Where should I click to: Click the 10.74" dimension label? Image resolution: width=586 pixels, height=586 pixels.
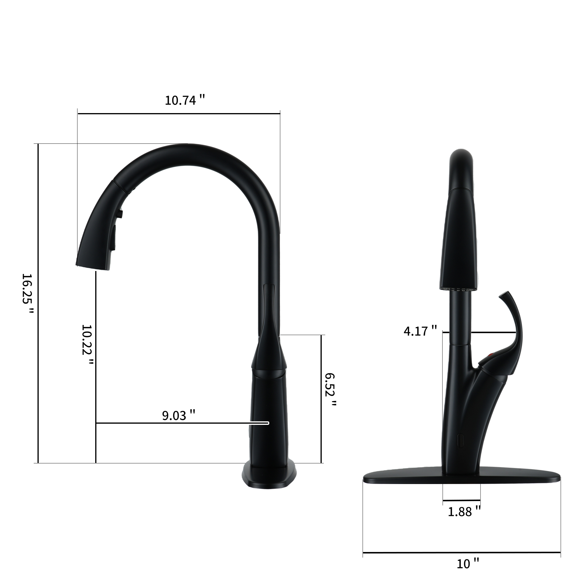185,100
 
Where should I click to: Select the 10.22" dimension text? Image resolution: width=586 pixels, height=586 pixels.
87,344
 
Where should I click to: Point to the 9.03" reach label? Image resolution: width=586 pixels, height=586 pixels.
178,415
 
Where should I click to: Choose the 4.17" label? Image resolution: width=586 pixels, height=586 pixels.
420,331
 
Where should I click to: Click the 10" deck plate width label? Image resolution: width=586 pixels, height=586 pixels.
468,563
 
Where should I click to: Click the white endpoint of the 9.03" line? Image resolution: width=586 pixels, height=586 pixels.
268,423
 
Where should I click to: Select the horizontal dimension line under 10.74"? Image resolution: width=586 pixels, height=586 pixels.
179,114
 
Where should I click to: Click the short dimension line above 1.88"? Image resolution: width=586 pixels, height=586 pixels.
461,500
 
